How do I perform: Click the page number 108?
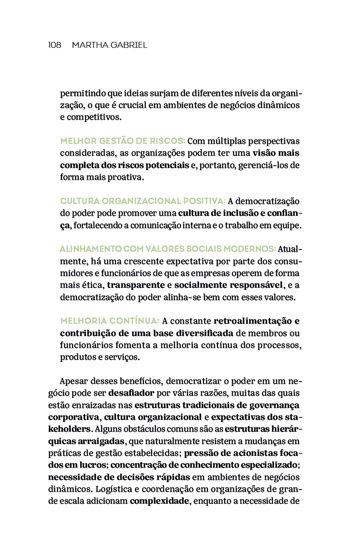click(x=55, y=45)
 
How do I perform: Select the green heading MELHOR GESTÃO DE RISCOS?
click(x=122, y=141)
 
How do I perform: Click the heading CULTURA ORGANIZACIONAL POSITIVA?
click(x=143, y=201)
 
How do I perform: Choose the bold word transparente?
click(x=136, y=285)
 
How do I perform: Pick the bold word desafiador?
click(x=131, y=393)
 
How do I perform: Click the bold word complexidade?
click(x=159, y=501)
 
